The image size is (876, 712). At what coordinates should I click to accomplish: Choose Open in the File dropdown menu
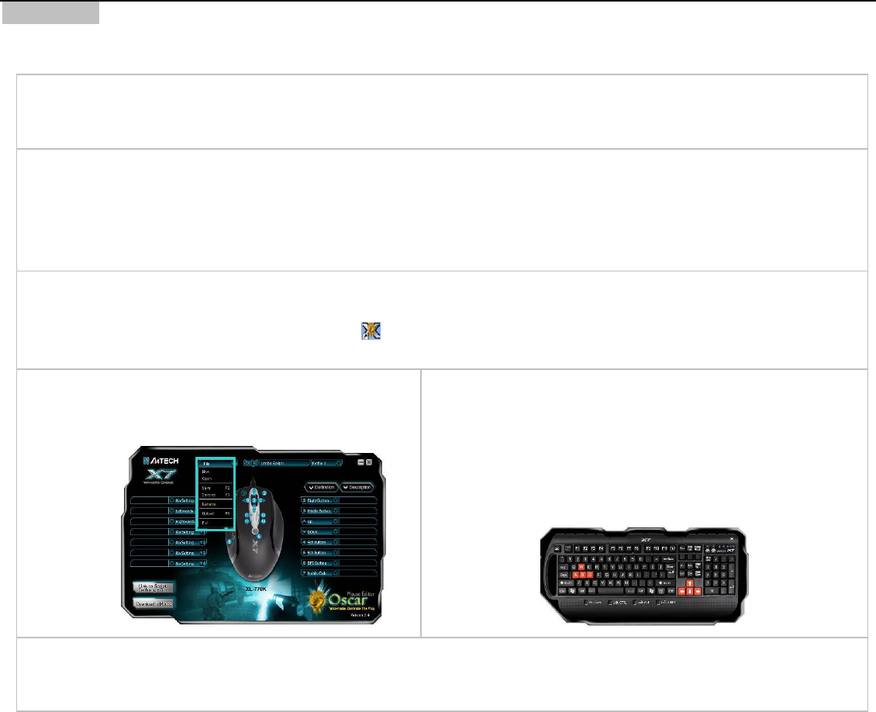207,479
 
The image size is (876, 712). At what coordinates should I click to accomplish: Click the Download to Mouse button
153,603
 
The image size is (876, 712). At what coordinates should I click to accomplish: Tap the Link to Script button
153,587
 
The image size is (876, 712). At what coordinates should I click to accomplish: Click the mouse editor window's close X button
369,462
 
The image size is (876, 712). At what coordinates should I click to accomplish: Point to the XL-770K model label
255,589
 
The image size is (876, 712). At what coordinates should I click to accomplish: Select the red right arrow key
697,591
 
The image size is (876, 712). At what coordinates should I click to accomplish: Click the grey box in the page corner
50,12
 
